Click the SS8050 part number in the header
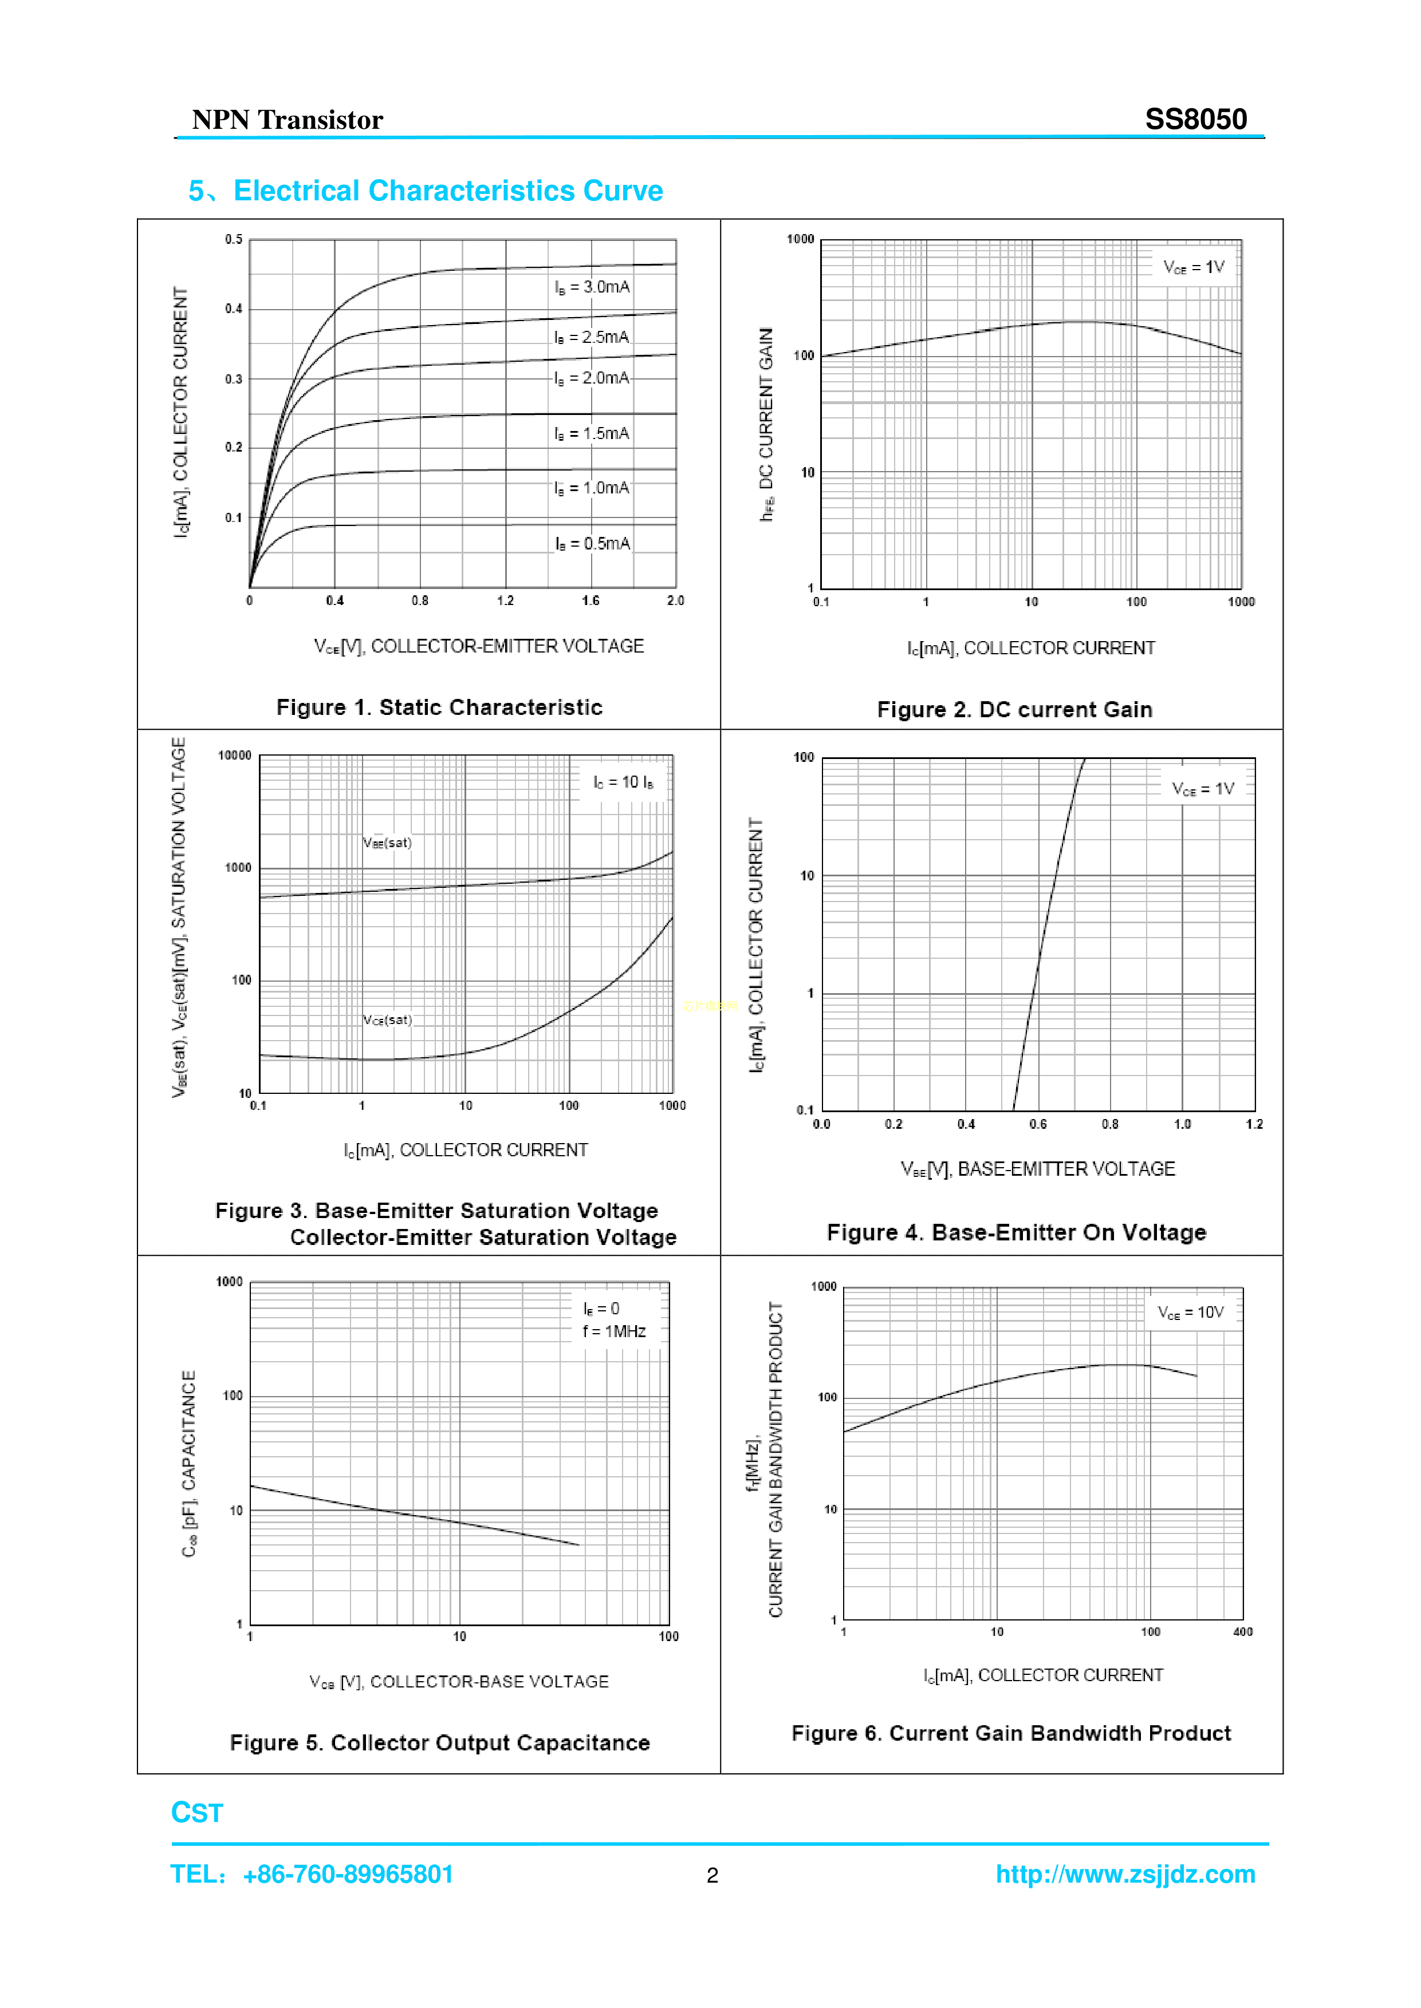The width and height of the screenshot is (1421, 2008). coord(1195,119)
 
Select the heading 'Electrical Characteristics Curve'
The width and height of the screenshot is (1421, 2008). coord(447,191)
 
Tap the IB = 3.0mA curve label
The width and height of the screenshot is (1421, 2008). coord(592,287)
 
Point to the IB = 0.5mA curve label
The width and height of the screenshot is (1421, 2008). coord(592,543)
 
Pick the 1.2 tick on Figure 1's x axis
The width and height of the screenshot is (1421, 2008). coord(506,601)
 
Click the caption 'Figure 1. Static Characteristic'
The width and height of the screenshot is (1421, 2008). coord(439,707)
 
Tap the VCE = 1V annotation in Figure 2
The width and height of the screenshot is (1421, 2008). coord(1194,267)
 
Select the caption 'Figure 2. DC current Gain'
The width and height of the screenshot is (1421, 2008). coord(1014,709)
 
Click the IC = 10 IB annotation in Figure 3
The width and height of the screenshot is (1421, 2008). coord(623,782)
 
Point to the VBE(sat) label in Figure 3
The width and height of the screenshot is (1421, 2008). coord(387,842)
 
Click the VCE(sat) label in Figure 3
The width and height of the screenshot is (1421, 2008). coord(387,1020)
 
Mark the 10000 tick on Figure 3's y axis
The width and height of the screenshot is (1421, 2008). coord(234,756)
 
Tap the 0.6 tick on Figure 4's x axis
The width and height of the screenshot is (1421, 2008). coord(1038,1124)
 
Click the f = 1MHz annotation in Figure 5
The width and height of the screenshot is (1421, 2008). coord(614,1331)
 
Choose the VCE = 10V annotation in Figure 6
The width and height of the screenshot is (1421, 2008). coord(1190,1312)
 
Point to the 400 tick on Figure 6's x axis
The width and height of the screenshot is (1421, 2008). coord(1242,1632)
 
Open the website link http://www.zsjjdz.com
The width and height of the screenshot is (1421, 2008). coord(1125,1874)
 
